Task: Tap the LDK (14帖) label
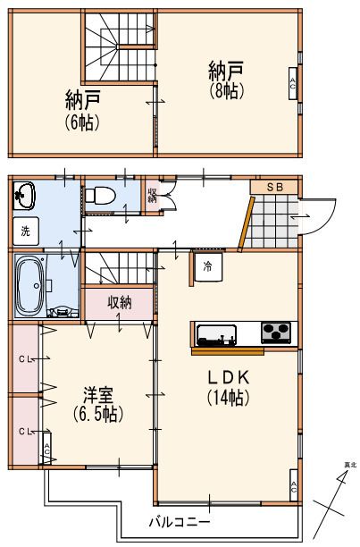tap(227, 386)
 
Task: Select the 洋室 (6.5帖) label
tap(97, 404)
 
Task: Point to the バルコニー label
tap(179, 521)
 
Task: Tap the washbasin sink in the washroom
tap(23, 194)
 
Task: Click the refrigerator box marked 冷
tap(207, 266)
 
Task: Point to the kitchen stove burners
tap(277, 332)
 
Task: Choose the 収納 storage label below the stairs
tap(121, 302)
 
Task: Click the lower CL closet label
tap(26, 431)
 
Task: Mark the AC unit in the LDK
tap(294, 487)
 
